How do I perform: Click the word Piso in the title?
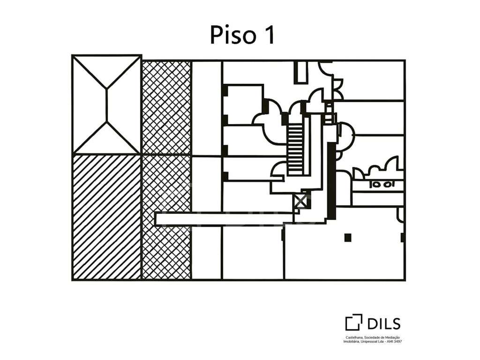232,35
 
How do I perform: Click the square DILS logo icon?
353,322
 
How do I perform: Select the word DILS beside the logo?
383,323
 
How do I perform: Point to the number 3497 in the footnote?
398,341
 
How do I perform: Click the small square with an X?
300,202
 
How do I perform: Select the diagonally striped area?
106,217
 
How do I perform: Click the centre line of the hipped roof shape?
107,105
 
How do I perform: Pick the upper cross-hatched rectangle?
166,107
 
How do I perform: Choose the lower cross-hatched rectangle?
166,217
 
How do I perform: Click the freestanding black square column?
347,238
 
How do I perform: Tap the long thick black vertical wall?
331,181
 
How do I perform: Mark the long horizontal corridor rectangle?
224,219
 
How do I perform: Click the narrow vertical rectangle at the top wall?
300,72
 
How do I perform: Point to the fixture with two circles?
382,184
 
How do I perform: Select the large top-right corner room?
368,80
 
